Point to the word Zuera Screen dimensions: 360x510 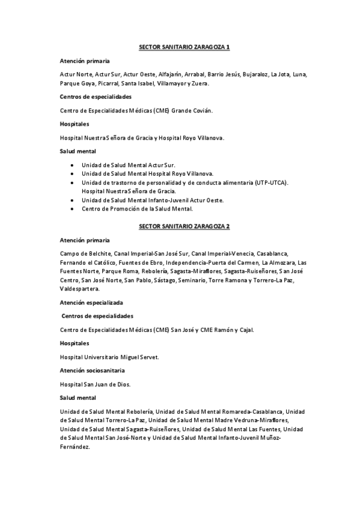[200, 84]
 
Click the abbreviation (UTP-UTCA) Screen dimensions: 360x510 [272, 182]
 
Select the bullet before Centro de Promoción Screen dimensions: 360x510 [72, 209]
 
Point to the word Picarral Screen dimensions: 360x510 [105, 84]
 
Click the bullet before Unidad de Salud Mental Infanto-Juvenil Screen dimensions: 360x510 [72, 200]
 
